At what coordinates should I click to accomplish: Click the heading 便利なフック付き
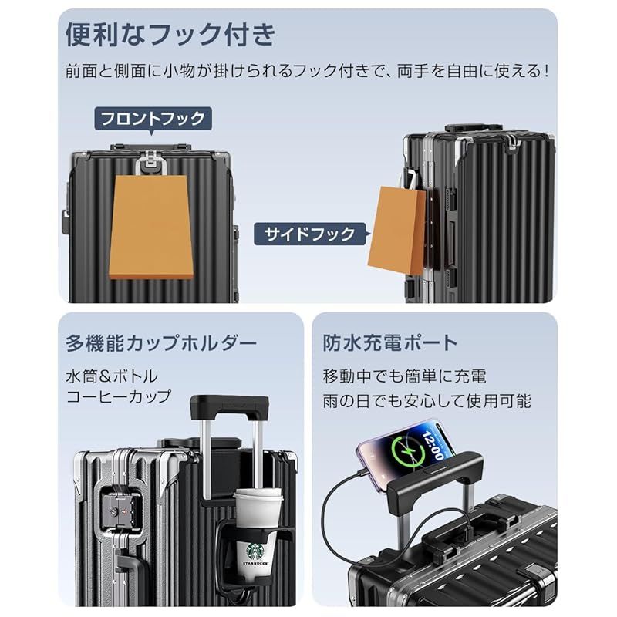click(x=170, y=35)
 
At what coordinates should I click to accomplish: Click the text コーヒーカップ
click(x=118, y=397)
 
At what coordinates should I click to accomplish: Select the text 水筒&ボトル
click(x=112, y=376)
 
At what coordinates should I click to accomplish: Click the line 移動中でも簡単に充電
click(x=405, y=377)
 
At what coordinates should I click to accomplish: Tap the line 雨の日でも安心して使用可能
click(x=427, y=401)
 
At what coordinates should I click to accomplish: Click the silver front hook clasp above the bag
click(x=150, y=163)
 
